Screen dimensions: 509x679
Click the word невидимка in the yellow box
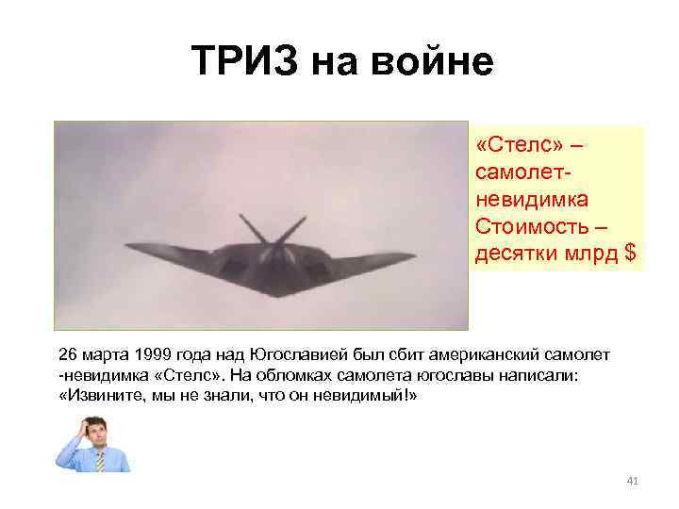coord(533,200)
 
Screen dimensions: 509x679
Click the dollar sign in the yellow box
coord(630,253)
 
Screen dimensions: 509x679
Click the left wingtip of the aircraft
coord(128,247)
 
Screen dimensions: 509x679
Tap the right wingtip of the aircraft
coord(414,254)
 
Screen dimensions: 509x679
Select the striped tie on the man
coord(98,460)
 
